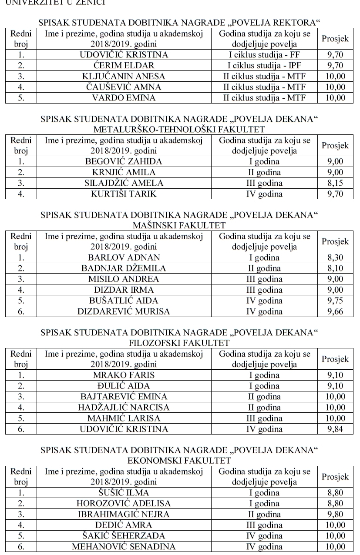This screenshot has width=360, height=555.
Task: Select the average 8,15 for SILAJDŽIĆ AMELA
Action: pos(335,183)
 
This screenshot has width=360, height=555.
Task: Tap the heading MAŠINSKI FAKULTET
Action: pos(179,225)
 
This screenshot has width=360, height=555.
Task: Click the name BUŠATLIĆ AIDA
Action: pos(124,301)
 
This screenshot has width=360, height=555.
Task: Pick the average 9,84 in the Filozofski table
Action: pos(335,429)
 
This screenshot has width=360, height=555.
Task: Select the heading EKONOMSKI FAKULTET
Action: pos(179,460)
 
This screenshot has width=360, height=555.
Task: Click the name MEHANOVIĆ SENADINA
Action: pos(124,546)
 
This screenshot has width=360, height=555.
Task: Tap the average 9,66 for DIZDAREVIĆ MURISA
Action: pos(335,311)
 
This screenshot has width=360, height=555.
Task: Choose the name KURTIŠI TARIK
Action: pos(124,194)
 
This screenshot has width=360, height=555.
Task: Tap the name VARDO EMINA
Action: pos(124,97)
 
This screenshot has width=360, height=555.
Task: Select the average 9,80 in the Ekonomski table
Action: pos(335,515)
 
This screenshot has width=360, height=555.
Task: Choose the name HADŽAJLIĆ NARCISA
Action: pos(124,408)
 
